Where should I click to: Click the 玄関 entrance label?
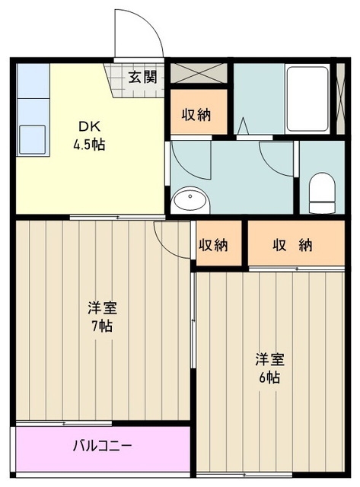tap(143, 77)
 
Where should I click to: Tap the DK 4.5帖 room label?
tap(89, 135)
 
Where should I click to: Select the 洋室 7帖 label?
tap(102, 317)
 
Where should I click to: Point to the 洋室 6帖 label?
tap(269, 368)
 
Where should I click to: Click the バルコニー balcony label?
tap(102, 446)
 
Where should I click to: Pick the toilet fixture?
tap(322, 193)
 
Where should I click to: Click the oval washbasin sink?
tap(190, 199)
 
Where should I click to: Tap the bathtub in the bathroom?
tap(307, 99)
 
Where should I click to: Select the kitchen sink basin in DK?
tap(32, 139)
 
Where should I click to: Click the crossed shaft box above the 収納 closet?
tap(199, 73)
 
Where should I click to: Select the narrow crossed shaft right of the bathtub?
tap(341, 99)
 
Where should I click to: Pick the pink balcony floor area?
tap(103, 450)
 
